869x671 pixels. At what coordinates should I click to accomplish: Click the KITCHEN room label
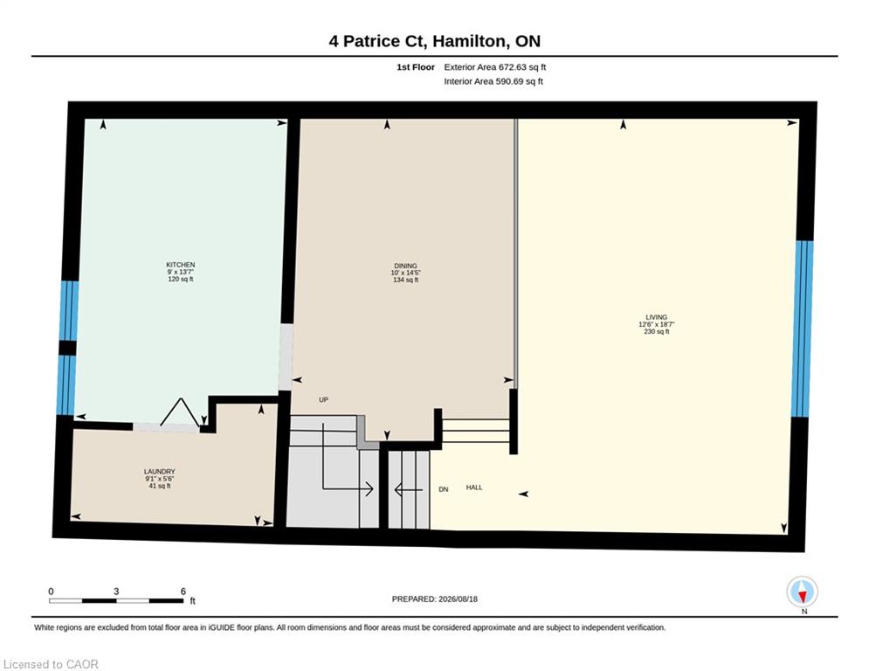pos(181,265)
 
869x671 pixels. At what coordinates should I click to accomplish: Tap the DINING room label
pos(406,266)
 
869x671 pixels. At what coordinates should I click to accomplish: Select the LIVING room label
pos(656,318)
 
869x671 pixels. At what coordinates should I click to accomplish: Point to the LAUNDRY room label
pos(160,472)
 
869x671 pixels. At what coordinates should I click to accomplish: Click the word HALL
pos(474,488)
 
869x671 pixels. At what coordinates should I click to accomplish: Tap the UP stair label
pos(324,400)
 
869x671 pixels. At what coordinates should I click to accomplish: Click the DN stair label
pos(444,489)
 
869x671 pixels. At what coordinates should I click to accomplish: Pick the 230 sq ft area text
pos(657,332)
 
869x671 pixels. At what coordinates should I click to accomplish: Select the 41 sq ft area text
pos(160,486)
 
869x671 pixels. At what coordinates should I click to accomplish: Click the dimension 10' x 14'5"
pos(406,273)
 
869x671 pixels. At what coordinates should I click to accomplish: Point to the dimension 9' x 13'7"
pos(181,273)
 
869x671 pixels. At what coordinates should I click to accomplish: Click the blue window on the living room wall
pos(803,329)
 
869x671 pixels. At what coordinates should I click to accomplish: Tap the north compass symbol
pos(803,592)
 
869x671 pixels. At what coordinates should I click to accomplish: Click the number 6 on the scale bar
pos(183,591)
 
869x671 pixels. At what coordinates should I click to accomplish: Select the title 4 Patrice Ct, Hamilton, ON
pos(435,41)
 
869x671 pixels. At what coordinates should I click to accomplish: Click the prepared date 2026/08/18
pos(458,598)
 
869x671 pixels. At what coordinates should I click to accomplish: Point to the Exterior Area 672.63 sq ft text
pos(495,67)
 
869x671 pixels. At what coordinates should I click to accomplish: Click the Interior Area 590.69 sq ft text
pos(493,81)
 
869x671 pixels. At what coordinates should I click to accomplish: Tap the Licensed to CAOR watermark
pos(51,664)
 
